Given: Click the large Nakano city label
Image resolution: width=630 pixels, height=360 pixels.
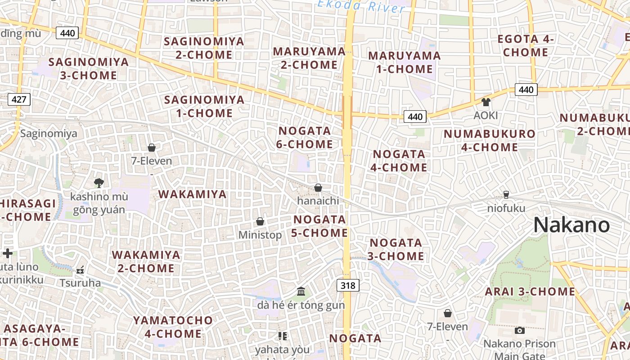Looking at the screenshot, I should pos(571,225).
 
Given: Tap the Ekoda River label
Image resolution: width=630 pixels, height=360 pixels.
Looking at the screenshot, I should pos(361,6).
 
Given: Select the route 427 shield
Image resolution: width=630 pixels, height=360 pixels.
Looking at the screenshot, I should pos(19,99).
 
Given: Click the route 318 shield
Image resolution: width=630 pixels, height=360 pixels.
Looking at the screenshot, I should pos(348,285).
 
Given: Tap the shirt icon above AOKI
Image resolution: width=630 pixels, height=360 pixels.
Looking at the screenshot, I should pos(486,102).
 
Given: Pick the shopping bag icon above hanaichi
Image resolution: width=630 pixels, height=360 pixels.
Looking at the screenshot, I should pos(318,188).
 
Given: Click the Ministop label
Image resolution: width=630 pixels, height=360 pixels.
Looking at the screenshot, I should pos(260,234).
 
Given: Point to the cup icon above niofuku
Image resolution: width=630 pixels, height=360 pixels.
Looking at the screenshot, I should pos(506,195).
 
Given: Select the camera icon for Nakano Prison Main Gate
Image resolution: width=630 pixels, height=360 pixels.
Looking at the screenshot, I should pos(520,331).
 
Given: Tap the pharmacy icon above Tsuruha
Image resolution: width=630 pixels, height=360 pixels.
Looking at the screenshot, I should pos(81,270).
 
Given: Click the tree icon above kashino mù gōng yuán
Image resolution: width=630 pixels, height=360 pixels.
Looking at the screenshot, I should pos(99,182).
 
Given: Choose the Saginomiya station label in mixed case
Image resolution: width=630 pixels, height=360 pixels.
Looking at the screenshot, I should pos(49,134).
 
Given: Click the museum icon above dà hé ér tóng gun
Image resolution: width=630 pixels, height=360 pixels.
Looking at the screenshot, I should pos(301,292).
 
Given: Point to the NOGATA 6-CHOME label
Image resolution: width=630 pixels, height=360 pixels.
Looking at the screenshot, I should pos(306,137).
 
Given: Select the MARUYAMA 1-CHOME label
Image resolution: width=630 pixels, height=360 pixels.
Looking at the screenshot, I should pos(400,62).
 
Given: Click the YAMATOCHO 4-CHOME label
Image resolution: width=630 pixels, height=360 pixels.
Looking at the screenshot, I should pos(173,327).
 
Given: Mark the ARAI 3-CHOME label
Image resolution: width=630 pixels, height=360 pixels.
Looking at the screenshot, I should pos(530,292).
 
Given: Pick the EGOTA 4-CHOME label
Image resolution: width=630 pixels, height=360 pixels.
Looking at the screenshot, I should pos(526,45).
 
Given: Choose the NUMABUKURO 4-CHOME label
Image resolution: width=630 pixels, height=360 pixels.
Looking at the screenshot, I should pos(490,140).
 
